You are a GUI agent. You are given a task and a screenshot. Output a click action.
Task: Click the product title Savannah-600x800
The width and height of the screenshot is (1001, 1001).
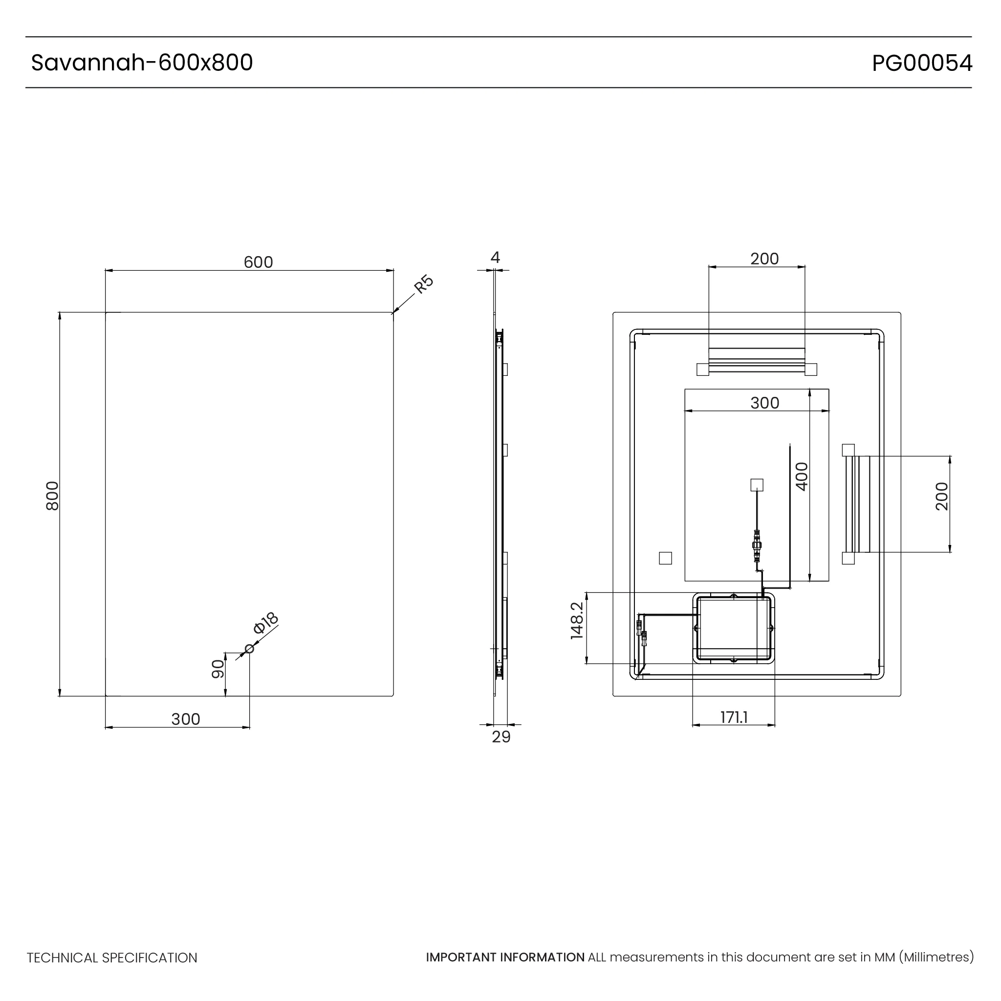142,63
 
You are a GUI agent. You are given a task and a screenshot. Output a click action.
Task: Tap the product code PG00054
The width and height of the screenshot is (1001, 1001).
922,63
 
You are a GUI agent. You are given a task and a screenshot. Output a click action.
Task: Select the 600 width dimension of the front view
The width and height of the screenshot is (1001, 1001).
258,262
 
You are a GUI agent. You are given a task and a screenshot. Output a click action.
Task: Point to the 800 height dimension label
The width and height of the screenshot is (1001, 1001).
53,496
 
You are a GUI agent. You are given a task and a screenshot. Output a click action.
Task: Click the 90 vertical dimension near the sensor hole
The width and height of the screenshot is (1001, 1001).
218,669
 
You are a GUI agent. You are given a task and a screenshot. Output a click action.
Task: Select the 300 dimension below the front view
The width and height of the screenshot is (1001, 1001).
185,719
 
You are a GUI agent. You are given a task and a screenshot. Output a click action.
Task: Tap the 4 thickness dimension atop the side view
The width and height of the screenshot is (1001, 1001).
495,258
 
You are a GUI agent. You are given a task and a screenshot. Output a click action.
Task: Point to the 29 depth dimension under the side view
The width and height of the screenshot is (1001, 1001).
501,737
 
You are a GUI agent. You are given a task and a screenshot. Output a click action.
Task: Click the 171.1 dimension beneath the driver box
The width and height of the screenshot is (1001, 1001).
734,718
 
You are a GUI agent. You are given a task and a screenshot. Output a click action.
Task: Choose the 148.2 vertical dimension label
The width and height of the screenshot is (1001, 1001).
577,621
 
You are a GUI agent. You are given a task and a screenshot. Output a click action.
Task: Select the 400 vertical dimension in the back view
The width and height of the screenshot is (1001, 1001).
802,477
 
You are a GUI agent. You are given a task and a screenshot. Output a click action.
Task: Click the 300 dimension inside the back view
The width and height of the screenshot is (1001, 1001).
765,403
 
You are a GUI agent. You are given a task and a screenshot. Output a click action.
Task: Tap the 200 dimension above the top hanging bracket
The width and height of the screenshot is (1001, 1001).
765,259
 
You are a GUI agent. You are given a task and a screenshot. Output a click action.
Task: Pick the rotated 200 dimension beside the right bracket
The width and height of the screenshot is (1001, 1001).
942,497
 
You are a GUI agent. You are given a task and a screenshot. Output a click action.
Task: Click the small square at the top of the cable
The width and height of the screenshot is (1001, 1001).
757,485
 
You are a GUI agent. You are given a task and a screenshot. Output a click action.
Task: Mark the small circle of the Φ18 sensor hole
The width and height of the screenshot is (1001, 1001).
249,649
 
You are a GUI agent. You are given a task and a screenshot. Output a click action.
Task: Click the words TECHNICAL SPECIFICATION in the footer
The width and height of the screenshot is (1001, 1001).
112,958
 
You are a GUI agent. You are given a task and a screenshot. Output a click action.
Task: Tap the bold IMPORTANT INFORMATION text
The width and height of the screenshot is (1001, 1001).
505,957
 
